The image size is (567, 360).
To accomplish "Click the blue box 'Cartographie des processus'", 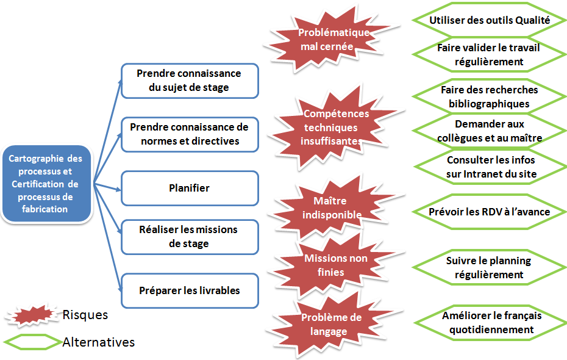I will [47, 183].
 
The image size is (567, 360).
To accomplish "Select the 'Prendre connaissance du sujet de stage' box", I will [189, 81].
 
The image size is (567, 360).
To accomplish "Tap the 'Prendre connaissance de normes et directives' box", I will [189, 134].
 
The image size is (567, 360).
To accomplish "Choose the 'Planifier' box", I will [189, 188].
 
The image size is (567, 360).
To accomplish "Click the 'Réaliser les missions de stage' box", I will [189, 237].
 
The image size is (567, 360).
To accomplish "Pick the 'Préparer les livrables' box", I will [189, 290].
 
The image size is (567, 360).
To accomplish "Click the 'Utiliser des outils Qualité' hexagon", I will [490, 20].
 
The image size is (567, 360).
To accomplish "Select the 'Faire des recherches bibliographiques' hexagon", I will [489, 96].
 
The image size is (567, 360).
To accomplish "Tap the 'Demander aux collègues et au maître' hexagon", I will [490, 131].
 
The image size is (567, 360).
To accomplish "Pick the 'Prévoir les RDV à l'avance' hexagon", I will [490, 212].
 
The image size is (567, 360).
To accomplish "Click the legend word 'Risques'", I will [85, 315].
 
